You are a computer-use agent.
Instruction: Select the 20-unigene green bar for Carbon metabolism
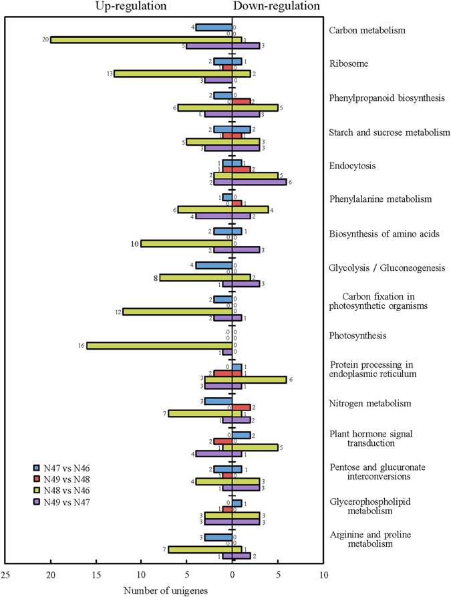click(x=141, y=39)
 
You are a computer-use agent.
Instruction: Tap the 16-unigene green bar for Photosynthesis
click(x=159, y=345)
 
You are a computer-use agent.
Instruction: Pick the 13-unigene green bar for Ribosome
click(x=172, y=74)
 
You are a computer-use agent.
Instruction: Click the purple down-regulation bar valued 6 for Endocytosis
click(x=259, y=181)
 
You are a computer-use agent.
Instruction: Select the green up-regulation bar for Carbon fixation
click(x=177, y=312)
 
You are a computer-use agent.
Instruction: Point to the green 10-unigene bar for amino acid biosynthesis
click(x=186, y=243)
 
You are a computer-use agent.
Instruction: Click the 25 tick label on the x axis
click(x=5, y=574)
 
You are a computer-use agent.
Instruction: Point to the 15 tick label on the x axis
click(x=96, y=574)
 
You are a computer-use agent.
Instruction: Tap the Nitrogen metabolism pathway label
click(x=370, y=404)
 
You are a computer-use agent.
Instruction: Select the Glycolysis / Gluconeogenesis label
click(x=388, y=268)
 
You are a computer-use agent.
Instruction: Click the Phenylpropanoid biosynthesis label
click(x=388, y=98)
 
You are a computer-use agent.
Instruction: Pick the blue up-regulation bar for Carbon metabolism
click(x=214, y=27)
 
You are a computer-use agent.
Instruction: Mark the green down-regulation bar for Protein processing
click(x=259, y=379)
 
